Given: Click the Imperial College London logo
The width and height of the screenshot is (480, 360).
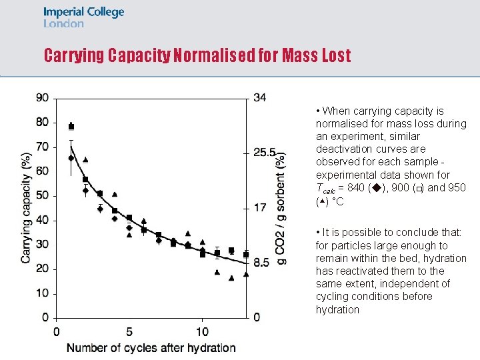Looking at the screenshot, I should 83,17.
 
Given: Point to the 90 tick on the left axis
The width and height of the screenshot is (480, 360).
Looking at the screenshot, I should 43,98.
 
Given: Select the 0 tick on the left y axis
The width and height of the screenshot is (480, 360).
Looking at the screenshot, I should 46,317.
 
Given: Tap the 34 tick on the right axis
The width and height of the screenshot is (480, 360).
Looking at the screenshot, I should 260,98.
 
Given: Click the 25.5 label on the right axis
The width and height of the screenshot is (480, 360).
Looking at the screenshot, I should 264,153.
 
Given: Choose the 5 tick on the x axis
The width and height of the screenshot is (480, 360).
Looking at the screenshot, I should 129,331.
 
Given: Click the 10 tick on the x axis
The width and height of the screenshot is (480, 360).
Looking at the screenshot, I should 202,331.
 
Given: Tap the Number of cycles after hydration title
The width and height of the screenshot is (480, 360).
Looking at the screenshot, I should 151,347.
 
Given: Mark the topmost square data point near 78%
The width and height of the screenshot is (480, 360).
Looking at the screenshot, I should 71,127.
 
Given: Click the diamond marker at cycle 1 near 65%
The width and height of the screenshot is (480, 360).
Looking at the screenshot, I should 71,158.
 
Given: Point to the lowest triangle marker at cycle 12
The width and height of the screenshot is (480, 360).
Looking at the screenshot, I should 231,278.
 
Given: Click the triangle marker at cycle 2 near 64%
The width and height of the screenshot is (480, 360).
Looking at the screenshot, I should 85,160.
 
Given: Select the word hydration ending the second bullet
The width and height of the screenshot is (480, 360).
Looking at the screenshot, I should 337,309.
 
